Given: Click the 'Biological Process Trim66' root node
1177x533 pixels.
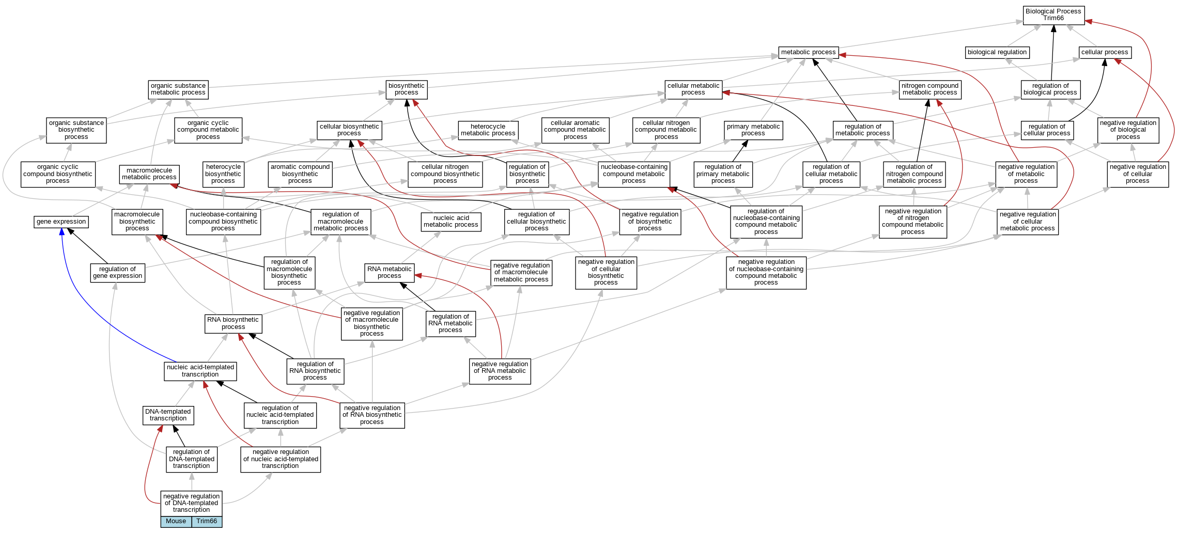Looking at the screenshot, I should point(1053,15).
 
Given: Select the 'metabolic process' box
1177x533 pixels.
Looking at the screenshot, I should point(808,52).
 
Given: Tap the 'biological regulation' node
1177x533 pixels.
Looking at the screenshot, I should point(997,52).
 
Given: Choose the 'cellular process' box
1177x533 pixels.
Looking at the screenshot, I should point(1105,52).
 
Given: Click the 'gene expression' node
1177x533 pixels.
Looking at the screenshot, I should point(61,222).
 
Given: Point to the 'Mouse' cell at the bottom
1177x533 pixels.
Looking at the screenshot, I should point(176,522).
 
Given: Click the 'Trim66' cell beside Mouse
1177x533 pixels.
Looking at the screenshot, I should point(207,522).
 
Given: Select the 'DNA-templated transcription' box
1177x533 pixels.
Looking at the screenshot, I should point(168,415).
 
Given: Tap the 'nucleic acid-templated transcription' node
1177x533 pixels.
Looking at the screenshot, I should point(200,371).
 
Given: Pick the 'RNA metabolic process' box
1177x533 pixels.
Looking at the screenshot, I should point(389,273).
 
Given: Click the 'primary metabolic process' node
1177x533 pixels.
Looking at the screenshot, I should point(753,130).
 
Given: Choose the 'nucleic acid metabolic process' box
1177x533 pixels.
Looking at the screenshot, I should point(451,222).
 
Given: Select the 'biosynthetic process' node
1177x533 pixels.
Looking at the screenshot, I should point(406,89).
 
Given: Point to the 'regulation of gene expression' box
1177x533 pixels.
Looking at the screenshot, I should point(117,273).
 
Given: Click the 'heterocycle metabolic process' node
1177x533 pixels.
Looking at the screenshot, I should point(488,130).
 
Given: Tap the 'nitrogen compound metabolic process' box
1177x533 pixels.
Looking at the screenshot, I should point(930,89).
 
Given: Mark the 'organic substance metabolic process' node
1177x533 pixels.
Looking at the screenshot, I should point(178,89).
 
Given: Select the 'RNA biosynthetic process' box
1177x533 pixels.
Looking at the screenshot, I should point(233,323).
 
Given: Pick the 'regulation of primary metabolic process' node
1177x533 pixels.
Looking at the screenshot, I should point(723,174).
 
